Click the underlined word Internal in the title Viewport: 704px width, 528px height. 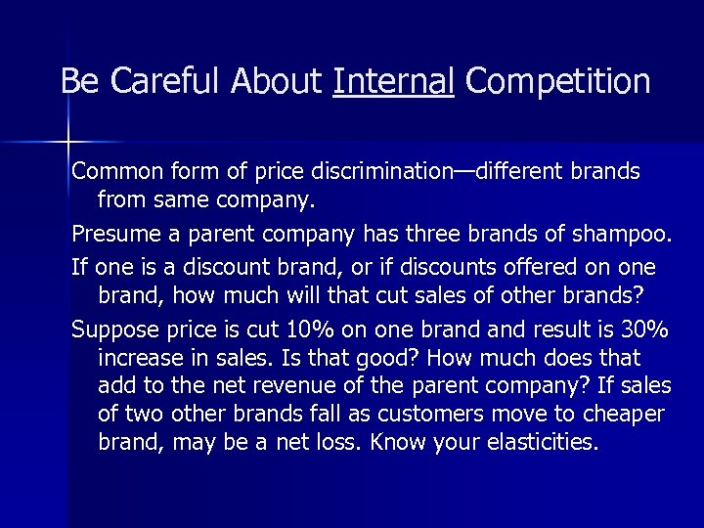[x=393, y=81]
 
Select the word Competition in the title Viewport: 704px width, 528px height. [x=558, y=81]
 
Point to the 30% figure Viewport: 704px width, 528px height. [x=621, y=327]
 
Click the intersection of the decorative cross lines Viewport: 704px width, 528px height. [x=67, y=143]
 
